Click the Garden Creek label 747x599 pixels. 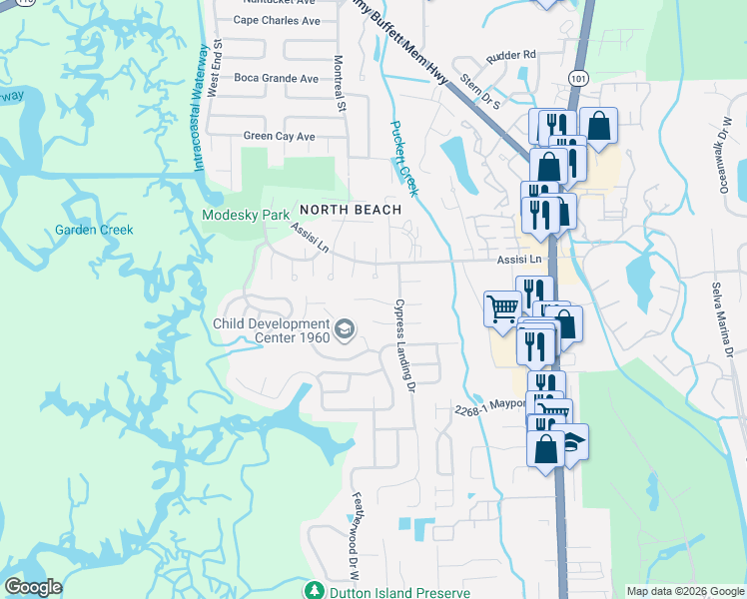tap(94, 230)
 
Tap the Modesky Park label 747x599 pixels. tap(245, 215)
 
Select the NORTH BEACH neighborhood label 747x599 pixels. tap(350, 210)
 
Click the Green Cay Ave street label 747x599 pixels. tap(279, 136)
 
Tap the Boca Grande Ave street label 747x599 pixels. tap(276, 78)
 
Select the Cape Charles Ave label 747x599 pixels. tap(277, 20)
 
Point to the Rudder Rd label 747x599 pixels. tap(511, 55)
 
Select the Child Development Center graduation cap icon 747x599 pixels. tap(344, 328)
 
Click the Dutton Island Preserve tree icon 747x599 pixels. tap(315, 590)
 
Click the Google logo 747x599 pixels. tap(33, 587)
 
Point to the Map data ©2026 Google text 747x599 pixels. tap(684, 591)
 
